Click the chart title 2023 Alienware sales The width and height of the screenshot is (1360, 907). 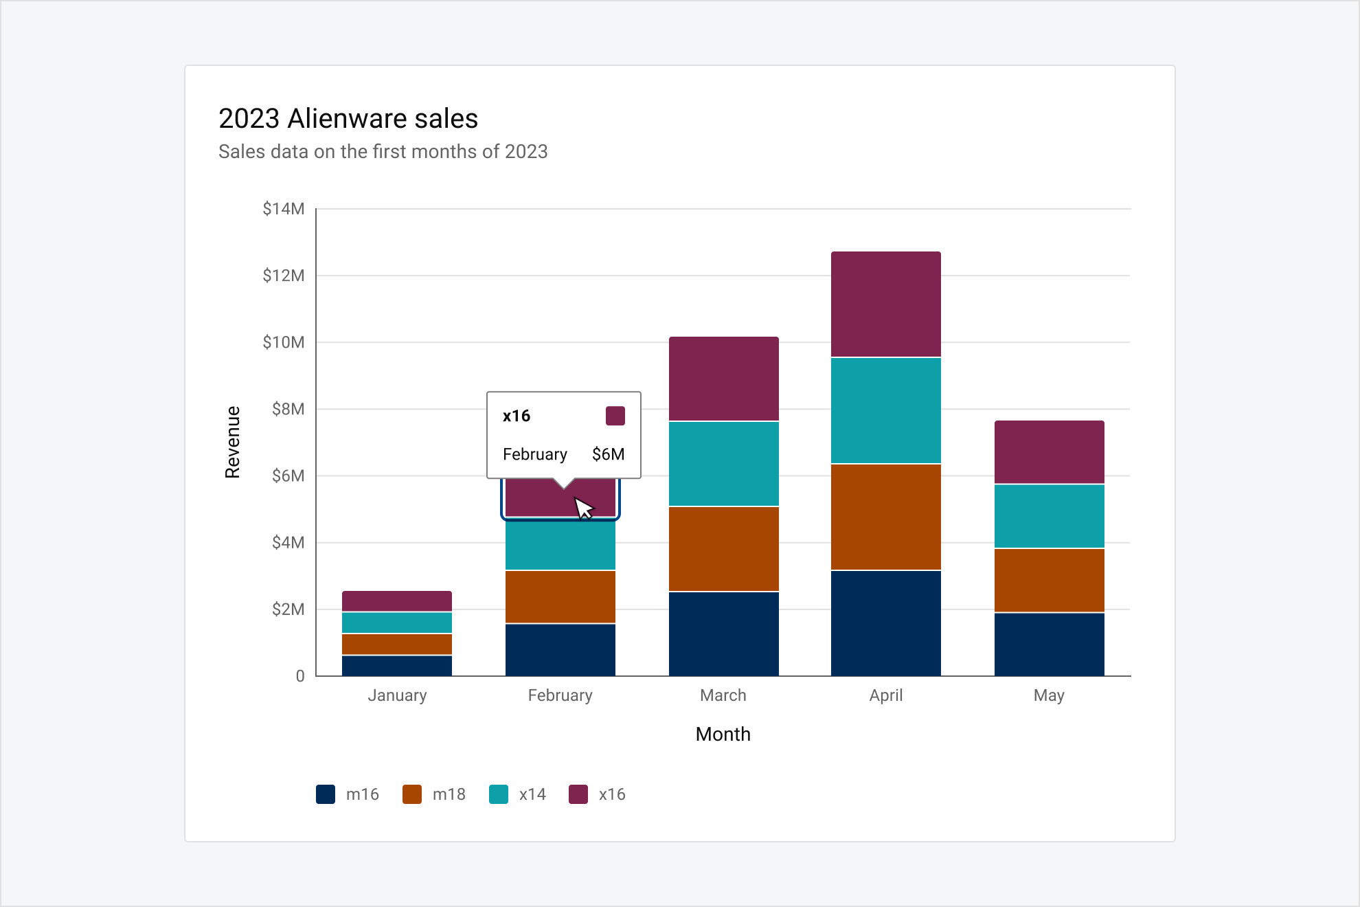click(x=348, y=119)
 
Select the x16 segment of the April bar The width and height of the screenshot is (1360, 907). click(x=885, y=304)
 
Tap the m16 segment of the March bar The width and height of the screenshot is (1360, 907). click(x=723, y=634)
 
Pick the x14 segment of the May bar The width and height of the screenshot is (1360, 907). click(x=1049, y=516)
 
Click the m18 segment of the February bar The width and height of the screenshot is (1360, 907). click(x=560, y=596)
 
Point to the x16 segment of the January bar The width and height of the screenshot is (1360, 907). click(x=396, y=601)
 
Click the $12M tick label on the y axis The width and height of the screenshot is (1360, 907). click(x=283, y=276)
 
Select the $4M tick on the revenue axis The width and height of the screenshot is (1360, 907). click(x=288, y=543)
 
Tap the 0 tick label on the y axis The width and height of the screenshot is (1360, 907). click(x=300, y=676)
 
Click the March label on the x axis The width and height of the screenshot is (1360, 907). click(x=723, y=695)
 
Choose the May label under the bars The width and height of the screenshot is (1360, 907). click(x=1049, y=695)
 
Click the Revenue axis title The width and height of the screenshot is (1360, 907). click(x=233, y=442)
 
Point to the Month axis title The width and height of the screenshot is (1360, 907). click(x=723, y=734)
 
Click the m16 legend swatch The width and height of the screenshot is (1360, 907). click(x=326, y=794)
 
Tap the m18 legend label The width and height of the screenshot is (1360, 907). click(x=449, y=794)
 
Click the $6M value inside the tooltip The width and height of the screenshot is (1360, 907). click(x=608, y=454)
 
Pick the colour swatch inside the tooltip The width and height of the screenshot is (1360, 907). click(x=615, y=416)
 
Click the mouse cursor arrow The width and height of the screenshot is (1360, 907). click(x=582, y=508)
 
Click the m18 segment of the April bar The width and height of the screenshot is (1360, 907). click(x=885, y=517)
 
